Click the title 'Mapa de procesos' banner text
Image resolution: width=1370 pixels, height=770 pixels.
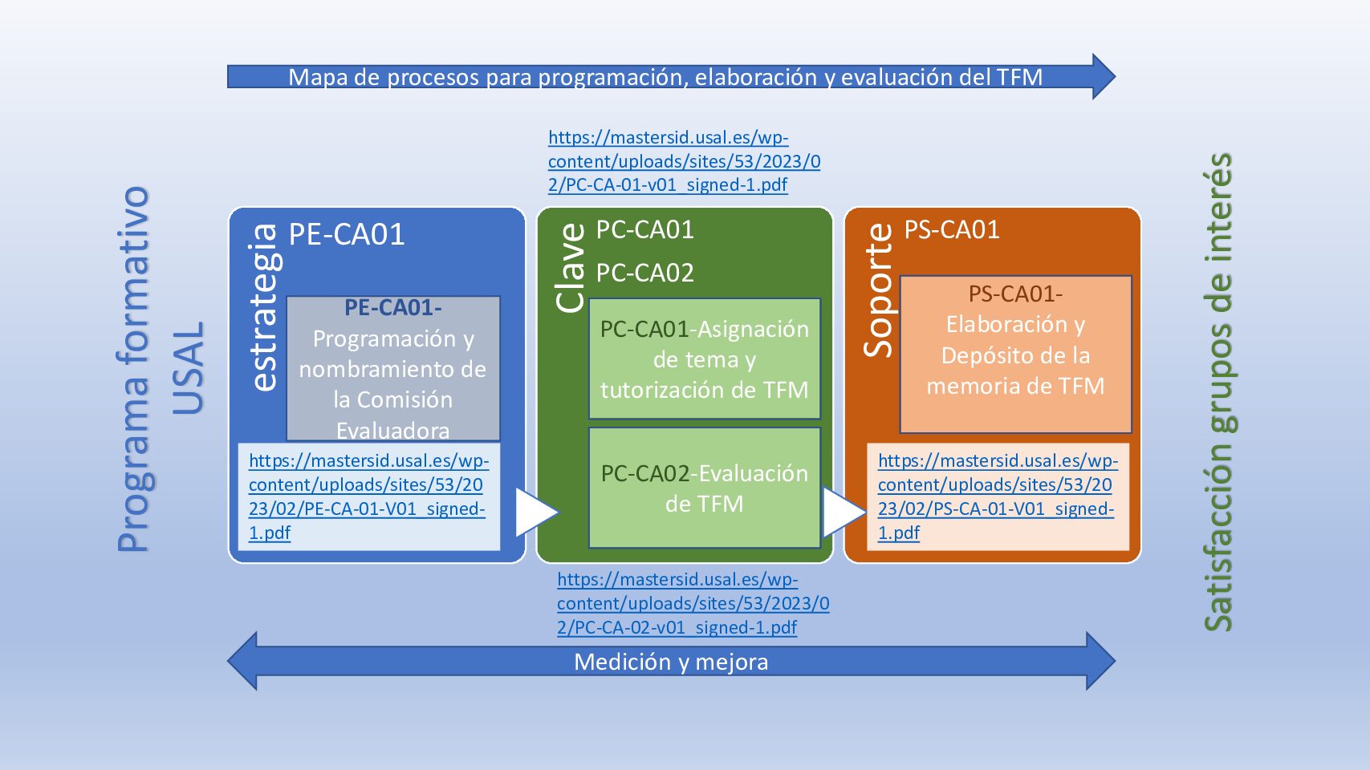coord(665,77)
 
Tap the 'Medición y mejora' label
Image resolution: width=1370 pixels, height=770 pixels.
coord(671,662)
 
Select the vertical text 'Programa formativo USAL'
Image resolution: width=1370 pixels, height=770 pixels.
coord(161,369)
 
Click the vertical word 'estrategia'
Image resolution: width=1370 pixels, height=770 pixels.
coord(264,307)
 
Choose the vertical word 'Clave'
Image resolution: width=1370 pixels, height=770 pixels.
coord(571,267)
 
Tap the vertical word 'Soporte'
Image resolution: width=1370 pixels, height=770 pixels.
coord(878,290)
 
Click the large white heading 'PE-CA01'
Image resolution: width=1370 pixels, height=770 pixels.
coord(347,234)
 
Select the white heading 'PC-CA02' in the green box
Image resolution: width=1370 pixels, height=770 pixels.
coord(644,273)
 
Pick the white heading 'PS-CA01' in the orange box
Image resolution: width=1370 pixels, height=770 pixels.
coord(952,230)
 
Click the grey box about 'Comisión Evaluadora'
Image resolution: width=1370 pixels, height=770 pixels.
coord(393,369)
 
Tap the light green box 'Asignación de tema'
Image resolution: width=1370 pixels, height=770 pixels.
coord(705,359)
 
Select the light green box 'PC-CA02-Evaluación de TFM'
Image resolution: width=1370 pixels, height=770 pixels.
coord(705,488)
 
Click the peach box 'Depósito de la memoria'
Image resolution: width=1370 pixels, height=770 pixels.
coord(1015,355)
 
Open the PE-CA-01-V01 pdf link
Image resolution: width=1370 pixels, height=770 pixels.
coord(368,496)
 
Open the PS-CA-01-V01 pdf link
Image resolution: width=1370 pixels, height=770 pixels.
coord(996,496)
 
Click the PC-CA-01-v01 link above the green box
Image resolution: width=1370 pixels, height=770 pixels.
coord(684,161)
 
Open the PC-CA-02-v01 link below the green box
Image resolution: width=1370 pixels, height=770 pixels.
coord(693,603)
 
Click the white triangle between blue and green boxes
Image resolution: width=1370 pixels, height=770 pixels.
coord(535,511)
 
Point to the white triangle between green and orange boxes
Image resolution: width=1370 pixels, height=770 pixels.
coord(842,511)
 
